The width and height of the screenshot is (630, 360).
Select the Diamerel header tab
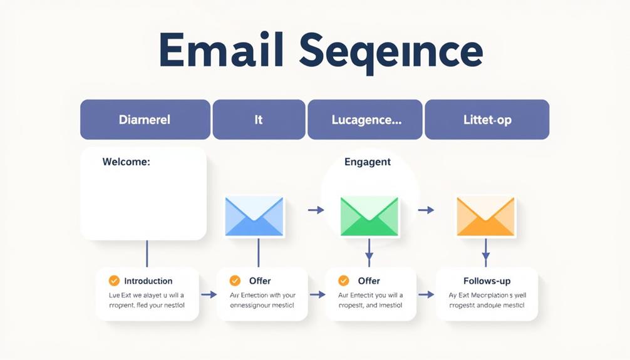pyautogui.click(x=145, y=119)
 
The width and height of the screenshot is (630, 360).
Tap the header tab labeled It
pyautogui.click(x=259, y=119)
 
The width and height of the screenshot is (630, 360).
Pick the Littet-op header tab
pyautogui.click(x=487, y=119)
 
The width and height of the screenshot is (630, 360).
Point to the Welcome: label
pyautogui.click(x=126, y=162)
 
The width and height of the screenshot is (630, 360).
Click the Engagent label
pyautogui.click(x=368, y=162)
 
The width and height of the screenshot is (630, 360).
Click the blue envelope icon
pyautogui.click(x=254, y=217)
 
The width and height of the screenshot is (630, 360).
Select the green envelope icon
pyautogui.click(x=369, y=217)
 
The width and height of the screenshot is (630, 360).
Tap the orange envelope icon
pyautogui.click(x=485, y=217)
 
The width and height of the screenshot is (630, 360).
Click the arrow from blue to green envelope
pyautogui.click(x=316, y=210)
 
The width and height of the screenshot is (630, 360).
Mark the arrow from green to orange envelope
pyautogui.click(x=426, y=210)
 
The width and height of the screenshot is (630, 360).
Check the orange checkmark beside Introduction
pyautogui.click(x=114, y=280)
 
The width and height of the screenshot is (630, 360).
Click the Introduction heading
pyautogui.click(x=148, y=281)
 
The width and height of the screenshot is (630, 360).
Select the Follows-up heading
pyautogui.click(x=487, y=280)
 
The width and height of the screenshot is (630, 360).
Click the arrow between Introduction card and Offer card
pyautogui.click(x=209, y=294)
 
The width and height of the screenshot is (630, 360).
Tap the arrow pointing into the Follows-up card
pyautogui.click(x=426, y=294)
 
